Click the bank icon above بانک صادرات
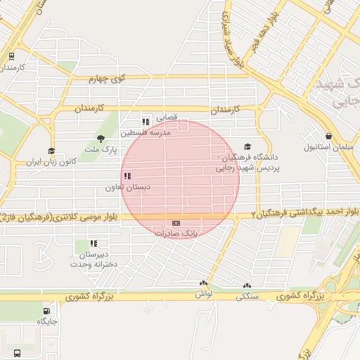(176, 223)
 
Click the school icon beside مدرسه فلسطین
(146, 122)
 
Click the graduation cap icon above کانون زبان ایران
(51, 151)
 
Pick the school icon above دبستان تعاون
(127, 176)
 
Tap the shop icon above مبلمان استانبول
(328, 136)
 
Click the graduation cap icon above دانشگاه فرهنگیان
(247, 146)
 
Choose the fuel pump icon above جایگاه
(47, 311)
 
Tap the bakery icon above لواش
(203, 285)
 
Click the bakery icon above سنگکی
(246, 286)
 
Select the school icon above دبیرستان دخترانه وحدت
(94, 243)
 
